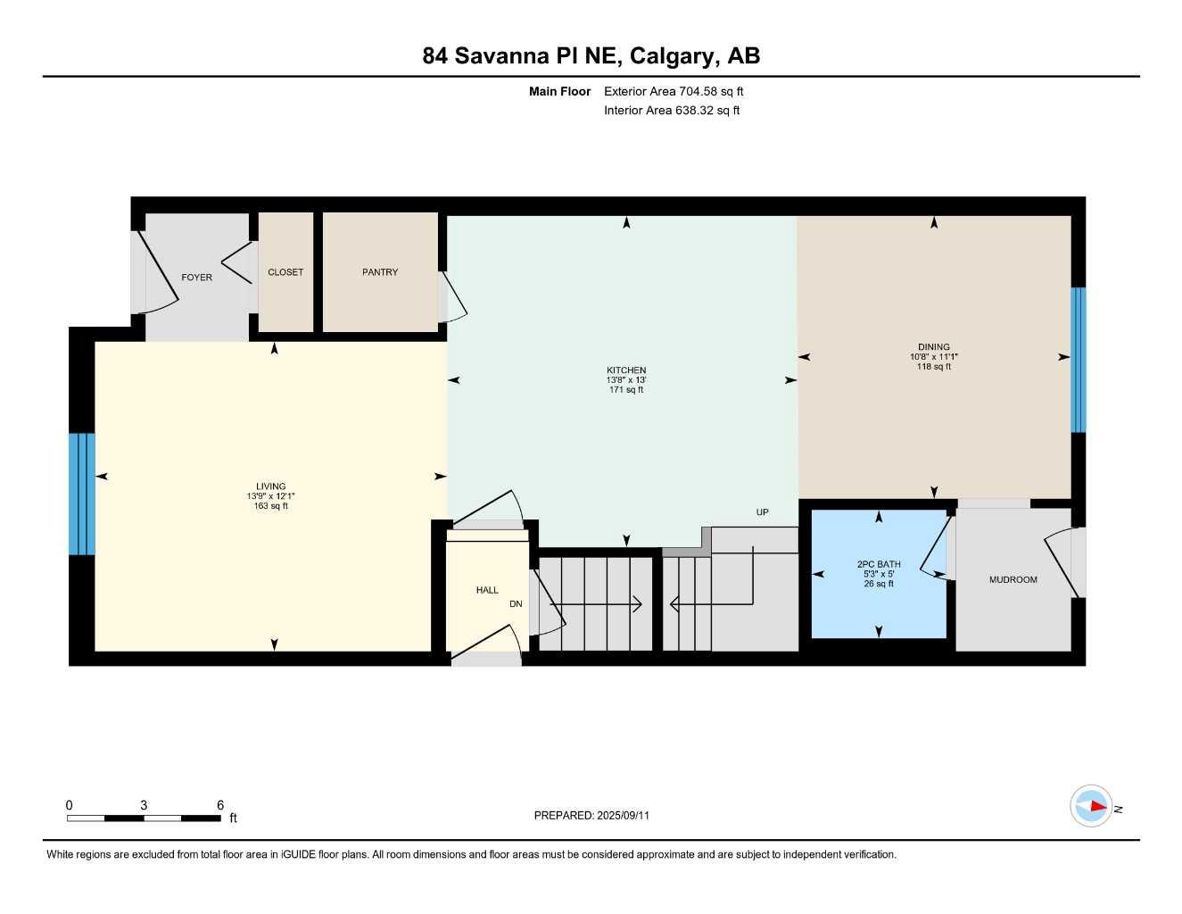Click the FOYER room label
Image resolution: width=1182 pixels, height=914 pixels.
coord(196,278)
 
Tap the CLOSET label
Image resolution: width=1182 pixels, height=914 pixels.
coord(285,272)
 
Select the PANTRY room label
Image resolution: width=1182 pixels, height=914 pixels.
coord(380,272)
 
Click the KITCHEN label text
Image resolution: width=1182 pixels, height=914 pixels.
coord(626,370)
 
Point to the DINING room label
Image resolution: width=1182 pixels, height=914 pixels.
coord(934,347)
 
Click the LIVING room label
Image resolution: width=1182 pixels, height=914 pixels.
coord(270,486)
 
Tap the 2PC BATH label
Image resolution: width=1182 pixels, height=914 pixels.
coord(879,564)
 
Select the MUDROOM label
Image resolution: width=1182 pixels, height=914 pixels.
coord(1013,580)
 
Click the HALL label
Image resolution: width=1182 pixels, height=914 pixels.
coord(487,590)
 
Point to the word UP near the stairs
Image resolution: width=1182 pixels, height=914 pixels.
coord(762,512)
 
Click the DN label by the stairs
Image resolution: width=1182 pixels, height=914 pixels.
coord(516,604)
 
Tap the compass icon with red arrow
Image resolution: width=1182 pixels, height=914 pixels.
coord(1091,807)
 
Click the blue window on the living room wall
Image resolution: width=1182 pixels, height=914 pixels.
coord(81,494)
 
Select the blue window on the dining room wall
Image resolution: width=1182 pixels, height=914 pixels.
coord(1079,360)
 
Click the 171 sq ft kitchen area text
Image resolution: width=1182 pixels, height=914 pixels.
coord(626,390)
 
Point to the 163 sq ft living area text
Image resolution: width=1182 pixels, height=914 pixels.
coord(270,506)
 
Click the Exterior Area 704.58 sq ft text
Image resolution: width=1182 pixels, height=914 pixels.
coord(674,91)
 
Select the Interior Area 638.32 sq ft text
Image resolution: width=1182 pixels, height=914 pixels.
coord(672,111)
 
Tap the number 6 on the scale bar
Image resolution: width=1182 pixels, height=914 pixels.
coord(220,805)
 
